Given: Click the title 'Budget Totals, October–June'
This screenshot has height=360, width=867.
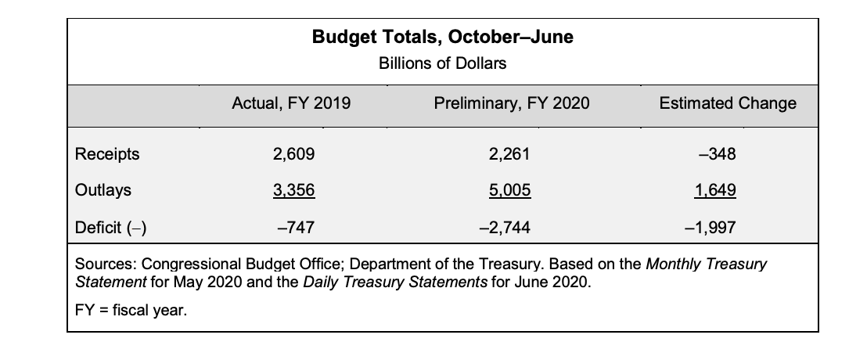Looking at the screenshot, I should pyautogui.click(x=442, y=37).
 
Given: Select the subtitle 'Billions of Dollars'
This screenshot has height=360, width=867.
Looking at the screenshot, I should pyautogui.click(x=442, y=63).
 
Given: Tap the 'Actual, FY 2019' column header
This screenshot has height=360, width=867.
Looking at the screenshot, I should pyautogui.click(x=292, y=103).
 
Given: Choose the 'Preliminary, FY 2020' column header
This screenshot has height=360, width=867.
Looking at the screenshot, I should pyautogui.click(x=511, y=103).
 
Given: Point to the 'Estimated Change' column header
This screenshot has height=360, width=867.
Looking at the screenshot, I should pyautogui.click(x=728, y=103).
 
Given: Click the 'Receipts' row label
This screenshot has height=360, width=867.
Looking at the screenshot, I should pyautogui.click(x=107, y=154).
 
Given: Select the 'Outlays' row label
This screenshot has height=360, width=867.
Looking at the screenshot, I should pyautogui.click(x=103, y=190).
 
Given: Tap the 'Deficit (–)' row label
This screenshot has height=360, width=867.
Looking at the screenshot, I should pyautogui.click(x=111, y=228).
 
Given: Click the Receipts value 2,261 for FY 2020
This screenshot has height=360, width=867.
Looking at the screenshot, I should pyautogui.click(x=509, y=154).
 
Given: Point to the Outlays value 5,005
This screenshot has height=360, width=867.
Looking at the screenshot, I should pyautogui.click(x=509, y=190).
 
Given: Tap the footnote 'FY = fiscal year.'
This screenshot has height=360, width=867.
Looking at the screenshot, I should pyautogui.click(x=131, y=311).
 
